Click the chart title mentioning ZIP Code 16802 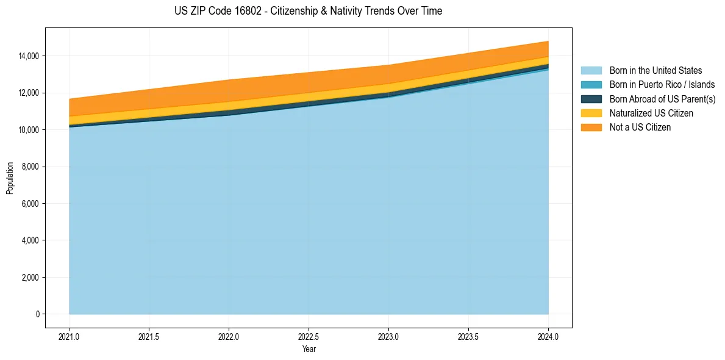[308, 11]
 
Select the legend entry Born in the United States [655, 71]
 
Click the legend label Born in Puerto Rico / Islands [662, 85]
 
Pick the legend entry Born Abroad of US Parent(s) [662, 99]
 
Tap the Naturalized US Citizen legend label [651, 113]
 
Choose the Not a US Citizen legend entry [640, 127]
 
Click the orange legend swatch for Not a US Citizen [591, 127]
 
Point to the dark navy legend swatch [591, 99]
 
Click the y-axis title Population [10, 178]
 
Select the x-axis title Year [309, 349]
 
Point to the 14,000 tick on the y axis [28, 56]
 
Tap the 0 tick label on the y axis [37, 314]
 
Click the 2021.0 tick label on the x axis [69, 336]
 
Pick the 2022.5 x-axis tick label [309, 336]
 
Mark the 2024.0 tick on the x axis [548, 336]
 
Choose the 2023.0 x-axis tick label [388, 336]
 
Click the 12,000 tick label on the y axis [28, 93]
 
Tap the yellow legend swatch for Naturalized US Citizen [591, 113]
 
